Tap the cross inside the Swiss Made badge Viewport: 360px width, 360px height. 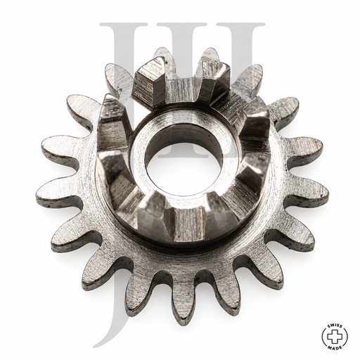[x=335, y=337]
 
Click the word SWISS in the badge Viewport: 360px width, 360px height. [x=335, y=326]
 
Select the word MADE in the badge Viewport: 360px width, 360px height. [x=335, y=347]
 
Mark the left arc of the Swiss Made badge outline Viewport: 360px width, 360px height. [x=323, y=337]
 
